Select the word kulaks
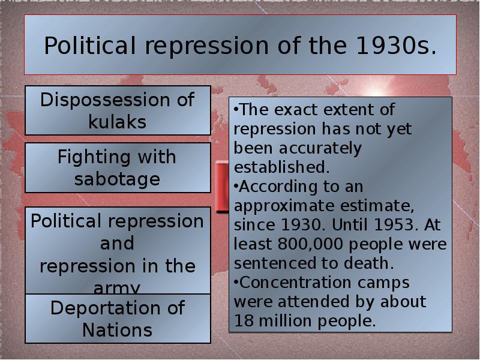(118, 122)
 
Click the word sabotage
(118, 179)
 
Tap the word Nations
(118, 329)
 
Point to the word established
(282, 166)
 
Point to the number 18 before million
(242, 320)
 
